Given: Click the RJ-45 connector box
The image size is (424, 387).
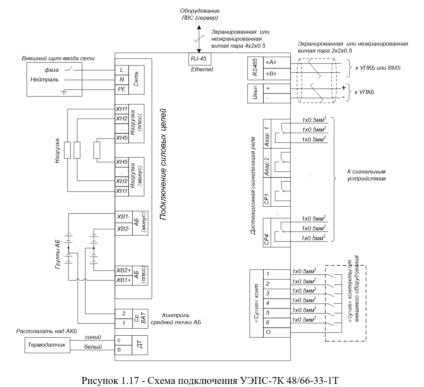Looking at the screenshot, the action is click(x=200, y=59).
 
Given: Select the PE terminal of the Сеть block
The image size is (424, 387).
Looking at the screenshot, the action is click(x=122, y=89).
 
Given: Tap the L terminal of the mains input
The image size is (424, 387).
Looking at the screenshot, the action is click(x=122, y=70).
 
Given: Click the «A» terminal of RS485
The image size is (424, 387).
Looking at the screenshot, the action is click(x=277, y=62).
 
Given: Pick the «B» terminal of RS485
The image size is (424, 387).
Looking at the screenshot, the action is click(x=277, y=74).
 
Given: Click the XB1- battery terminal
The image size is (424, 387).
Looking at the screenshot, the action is click(x=124, y=217).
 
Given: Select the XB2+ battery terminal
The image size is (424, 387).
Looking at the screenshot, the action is click(x=124, y=271).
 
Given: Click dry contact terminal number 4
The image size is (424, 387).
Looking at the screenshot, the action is click(x=277, y=303).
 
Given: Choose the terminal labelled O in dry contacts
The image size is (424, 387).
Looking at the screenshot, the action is click(x=277, y=332).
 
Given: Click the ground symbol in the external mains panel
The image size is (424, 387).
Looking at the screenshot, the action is click(x=64, y=92).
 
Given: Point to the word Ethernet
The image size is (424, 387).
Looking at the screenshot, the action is click(x=202, y=69).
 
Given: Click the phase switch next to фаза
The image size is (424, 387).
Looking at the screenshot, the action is click(x=69, y=69).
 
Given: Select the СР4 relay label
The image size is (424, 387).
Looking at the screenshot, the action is click(x=267, y=240).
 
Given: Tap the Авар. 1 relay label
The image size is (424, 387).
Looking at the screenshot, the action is click(x=267, y=137).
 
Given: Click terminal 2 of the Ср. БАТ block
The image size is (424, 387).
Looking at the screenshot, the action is click(x=124, y=314).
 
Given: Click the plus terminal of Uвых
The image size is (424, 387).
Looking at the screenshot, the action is click(x=277, y=89).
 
